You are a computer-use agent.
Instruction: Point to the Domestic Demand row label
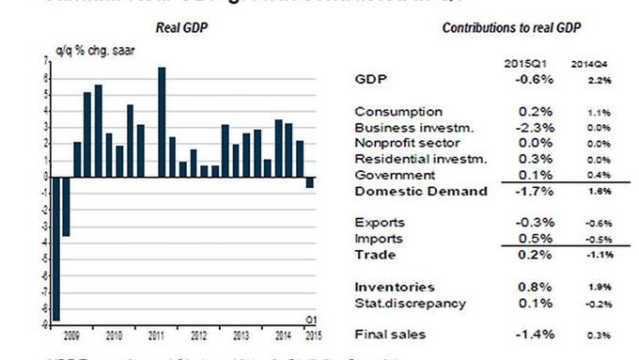421,191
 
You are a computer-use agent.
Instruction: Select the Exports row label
380,223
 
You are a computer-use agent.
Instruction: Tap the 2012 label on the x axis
199,335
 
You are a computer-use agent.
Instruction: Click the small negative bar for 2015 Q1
310,181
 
